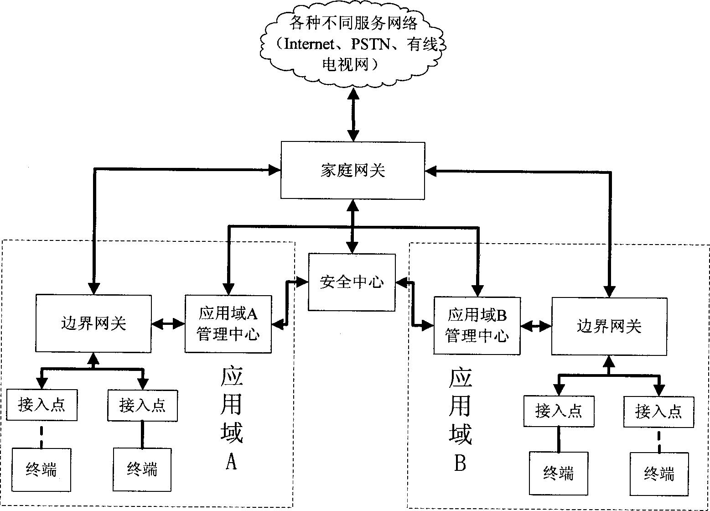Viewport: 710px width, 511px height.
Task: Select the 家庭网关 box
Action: pos(352,170)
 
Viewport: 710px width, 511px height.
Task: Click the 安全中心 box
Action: pos(352,282)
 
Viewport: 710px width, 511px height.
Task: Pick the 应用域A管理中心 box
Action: pos(228,324)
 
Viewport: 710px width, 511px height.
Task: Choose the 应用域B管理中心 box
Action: pos(477,325)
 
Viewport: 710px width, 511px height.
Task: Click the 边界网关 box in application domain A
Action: pos(93,323)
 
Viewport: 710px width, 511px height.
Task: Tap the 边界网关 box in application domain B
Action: pos(609,326)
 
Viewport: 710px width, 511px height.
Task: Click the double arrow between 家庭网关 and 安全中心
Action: pos(352,226)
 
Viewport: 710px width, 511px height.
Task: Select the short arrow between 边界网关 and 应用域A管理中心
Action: pos(168,324)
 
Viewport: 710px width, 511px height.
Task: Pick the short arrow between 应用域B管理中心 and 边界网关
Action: pos(536,325)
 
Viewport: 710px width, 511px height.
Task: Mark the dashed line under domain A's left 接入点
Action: pos(42,434)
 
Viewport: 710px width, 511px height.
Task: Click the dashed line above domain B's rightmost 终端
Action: pos(659,440)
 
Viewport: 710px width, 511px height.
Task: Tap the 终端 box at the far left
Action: pos(41,469)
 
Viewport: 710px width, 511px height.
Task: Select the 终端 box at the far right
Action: pos(659,474)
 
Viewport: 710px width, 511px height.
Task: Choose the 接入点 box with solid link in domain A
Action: pos(142,405)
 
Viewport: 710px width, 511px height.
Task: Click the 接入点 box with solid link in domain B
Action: pos(559,411)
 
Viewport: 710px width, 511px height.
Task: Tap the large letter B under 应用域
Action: pos(460,464)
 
